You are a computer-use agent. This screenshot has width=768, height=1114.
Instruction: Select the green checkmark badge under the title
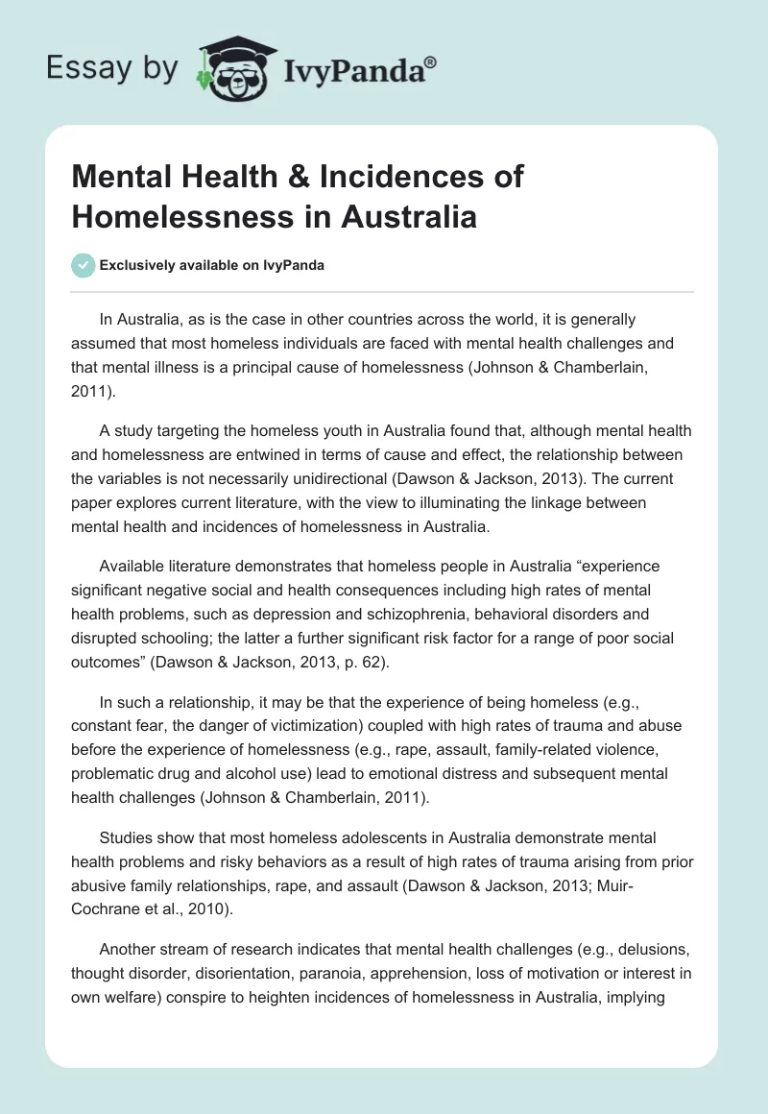click(x=84, y=265)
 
